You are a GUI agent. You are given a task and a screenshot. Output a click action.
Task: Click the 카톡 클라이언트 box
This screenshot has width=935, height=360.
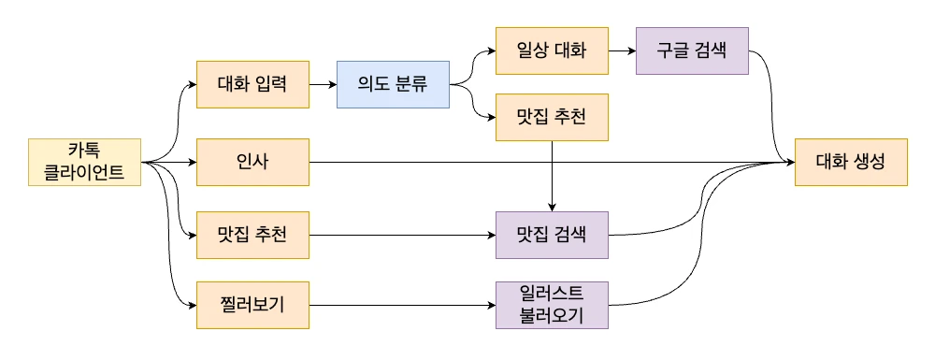point(84,162)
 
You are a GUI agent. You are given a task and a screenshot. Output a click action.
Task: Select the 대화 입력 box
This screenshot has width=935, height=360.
point(252,84)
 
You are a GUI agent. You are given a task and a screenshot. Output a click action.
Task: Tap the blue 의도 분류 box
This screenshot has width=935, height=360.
point(393,84)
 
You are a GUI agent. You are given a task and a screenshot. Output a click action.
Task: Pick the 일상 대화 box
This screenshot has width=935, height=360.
point(552,50)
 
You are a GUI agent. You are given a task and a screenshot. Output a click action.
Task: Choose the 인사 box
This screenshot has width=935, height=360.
point(252,162)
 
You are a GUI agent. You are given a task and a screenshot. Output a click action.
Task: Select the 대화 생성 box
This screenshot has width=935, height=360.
point(851,162)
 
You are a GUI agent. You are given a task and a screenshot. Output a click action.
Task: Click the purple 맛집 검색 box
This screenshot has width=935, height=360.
point(552,234)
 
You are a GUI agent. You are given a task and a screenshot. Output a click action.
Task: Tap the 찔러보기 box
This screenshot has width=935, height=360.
point(252,305)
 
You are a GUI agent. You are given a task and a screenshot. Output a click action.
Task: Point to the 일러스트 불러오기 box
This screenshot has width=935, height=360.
point(552,305)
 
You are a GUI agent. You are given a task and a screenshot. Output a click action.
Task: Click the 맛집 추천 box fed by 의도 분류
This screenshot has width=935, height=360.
point(552,118)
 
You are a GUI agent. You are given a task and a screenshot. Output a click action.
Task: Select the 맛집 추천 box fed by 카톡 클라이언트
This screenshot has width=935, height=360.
point(252,234)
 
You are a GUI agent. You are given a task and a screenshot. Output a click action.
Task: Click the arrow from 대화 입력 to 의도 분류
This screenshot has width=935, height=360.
point(323,84)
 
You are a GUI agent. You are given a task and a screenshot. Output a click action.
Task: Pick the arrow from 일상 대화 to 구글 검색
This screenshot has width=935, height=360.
point(622,50)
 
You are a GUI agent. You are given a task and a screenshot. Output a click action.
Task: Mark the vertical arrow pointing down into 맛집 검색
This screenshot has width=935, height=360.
point(552,178)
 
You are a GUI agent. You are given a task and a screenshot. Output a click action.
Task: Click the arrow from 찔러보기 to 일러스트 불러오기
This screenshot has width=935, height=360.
point(402,305)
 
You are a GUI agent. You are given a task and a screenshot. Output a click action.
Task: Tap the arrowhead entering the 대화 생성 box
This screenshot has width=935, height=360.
point(789,162)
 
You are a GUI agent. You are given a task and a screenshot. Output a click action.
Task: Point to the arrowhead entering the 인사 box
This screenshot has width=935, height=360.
point(191,162)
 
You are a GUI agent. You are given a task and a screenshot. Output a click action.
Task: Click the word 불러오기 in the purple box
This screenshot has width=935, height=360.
point(552,316)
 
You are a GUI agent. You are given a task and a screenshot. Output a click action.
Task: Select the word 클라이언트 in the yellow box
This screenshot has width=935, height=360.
point(84,172)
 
